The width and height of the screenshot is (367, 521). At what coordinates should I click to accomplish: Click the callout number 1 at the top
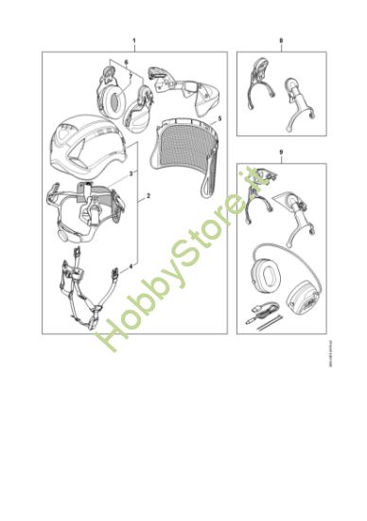pyautogui.click(x=134, y=42)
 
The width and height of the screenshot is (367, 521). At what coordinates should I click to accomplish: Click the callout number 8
pyautogui.click(x=281, y=42)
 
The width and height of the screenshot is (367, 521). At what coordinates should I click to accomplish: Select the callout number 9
pyautogui.click(x=281, y=153)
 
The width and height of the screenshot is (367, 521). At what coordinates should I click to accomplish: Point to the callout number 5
pyautogui.click(x=219, y=121)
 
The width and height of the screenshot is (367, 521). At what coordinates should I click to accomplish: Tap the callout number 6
pyautogui.click(x=125, y=61)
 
